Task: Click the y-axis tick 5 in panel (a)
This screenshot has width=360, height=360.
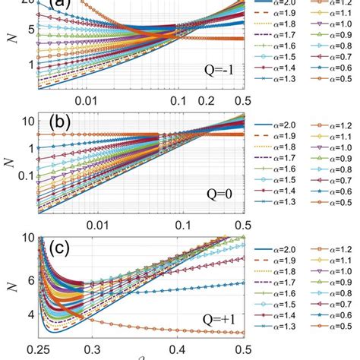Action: pos(27,28)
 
